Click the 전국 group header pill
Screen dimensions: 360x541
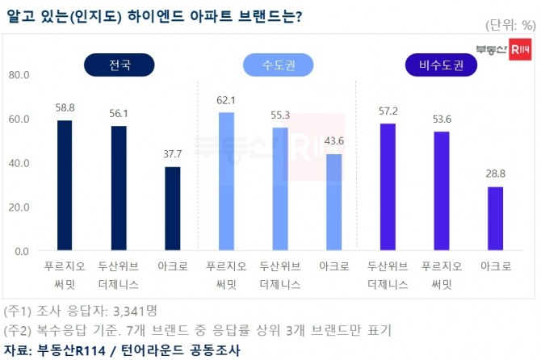click(x=118, y=64)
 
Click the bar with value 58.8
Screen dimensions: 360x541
click(x=65, y=186)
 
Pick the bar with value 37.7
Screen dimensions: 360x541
click(x=172, y=209)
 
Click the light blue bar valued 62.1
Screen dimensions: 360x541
click(x=226, y=182)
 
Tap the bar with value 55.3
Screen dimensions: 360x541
click(x=280, y=189)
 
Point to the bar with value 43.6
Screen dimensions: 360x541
click(x=333, y=202)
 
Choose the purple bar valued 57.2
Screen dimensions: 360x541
click(x=388, y=187)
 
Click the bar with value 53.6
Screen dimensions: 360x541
click(x=442, y=191)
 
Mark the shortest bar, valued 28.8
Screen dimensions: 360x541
click(x=495, y=219)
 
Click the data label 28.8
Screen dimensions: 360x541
click(x=495, y=174)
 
